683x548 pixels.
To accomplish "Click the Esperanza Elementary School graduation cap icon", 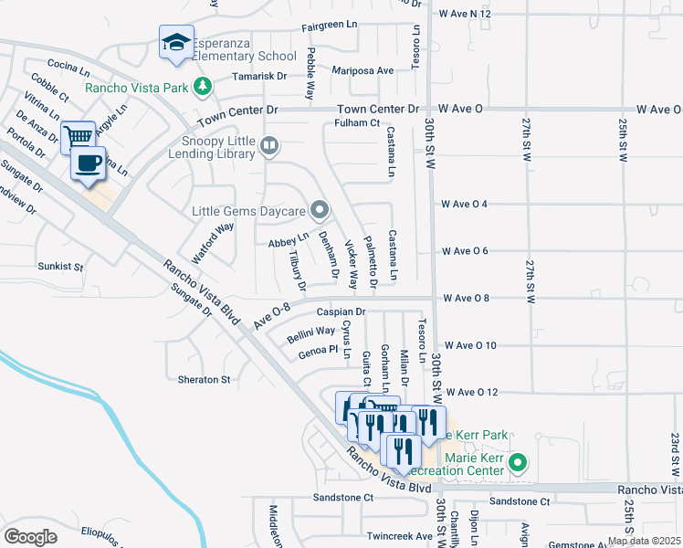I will (x=177, y=42).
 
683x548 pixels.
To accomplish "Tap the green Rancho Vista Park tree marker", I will (x=201, y=88).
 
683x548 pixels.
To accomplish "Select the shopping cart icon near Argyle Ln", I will (x=79, y=137).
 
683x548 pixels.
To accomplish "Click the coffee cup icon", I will (x=89, y=163).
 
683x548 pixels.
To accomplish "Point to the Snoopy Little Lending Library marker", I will (x=268, y=144).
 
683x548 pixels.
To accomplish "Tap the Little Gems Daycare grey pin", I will (x=319, y=211).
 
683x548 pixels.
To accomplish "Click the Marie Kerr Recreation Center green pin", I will (x=518, y=462).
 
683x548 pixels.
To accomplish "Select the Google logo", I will (x=31, y=536).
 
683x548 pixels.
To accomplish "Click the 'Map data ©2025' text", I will (x=643, y=541).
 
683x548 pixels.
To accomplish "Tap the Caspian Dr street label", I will (x=341, y=311).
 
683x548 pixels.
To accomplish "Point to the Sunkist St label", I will (x=60, y=268).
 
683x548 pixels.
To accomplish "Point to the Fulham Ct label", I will (x=357, y=122).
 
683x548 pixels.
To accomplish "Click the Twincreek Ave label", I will (x=399, y=536).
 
